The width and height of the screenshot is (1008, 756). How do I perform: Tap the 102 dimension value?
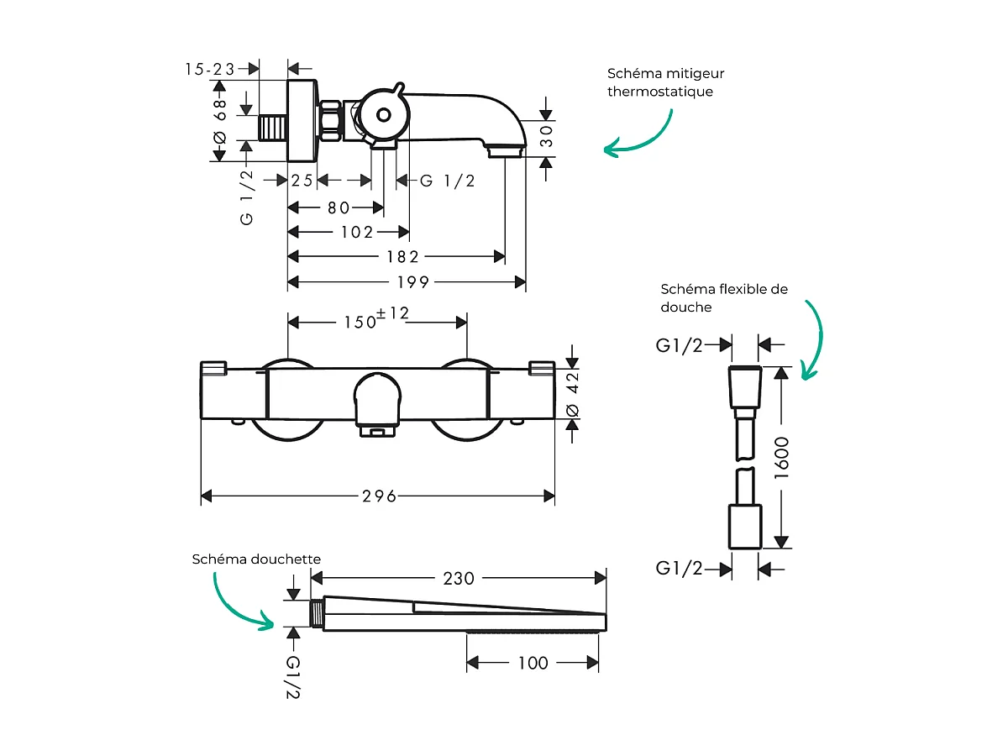click(356, 232)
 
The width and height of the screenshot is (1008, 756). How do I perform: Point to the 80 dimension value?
click(338, 207)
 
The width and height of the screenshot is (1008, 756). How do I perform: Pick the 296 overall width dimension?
click(379, 496)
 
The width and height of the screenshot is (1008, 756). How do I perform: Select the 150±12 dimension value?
click(376, 320)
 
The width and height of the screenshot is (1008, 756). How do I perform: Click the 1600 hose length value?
click(783, 458)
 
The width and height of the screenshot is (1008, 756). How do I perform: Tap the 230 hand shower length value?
click(459, 579)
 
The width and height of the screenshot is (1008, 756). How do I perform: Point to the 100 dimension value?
click(533, 663)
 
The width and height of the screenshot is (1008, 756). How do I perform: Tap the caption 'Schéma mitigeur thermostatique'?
click(665, 82)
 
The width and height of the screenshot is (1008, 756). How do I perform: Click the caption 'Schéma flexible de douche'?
click(723, 297)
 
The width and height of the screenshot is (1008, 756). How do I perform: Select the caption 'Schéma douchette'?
click(256, 559)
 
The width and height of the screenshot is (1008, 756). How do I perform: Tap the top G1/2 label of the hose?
click(679, 345)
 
